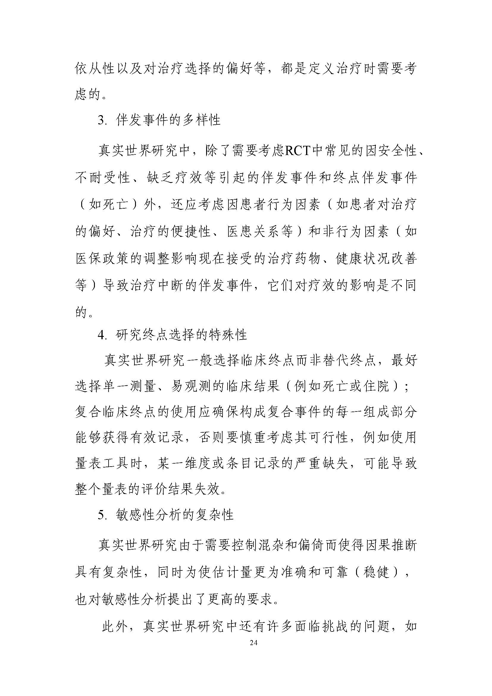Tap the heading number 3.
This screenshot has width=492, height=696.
pyautogui.click(x=101, y=121)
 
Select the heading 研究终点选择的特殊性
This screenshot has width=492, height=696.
pyautogui.click(x=181, y=335)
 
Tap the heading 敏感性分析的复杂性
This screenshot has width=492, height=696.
pyautogui.click(x=175, y=515)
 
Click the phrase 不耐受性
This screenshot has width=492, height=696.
pyautogui.click(x=102, y=177)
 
